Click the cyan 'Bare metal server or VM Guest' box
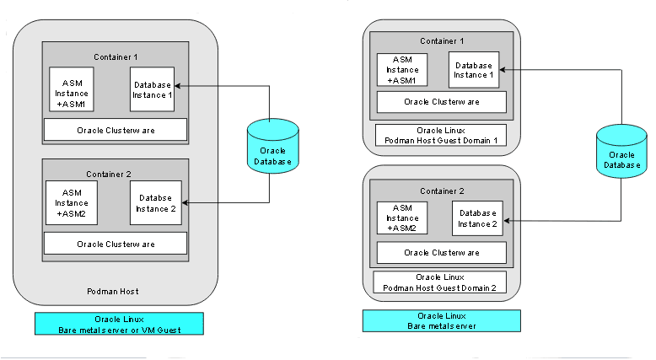119,325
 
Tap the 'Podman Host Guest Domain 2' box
441,282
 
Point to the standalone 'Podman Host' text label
113,292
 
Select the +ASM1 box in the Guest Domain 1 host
402,70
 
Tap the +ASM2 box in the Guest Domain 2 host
402,218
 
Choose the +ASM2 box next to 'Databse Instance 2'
72,203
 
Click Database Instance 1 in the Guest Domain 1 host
473,70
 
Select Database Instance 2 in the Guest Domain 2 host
477,218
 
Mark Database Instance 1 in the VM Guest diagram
153,89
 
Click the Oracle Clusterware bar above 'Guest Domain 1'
441,102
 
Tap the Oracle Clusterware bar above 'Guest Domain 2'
441,252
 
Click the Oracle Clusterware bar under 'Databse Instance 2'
115,244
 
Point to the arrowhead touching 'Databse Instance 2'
185,203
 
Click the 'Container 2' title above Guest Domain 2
443,191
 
